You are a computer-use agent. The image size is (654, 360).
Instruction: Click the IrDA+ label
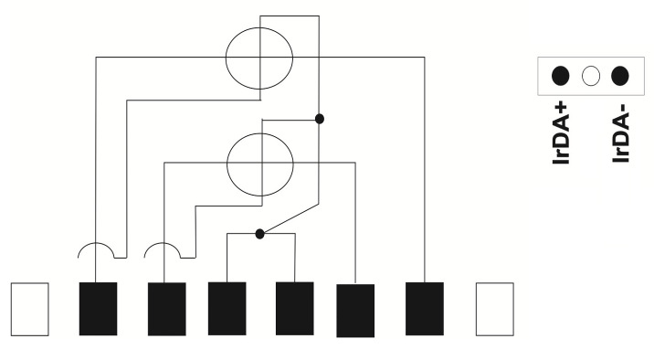[x=561, y=132]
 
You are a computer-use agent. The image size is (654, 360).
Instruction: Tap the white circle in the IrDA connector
[x=591, y=77]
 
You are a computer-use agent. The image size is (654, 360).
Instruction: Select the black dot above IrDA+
[x=560, y=76]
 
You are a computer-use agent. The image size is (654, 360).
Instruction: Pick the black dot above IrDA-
[x=620, y=76]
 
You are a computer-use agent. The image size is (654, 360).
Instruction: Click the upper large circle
[x=226, y=58]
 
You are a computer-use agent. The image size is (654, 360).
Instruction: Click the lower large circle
[x=227, y=164]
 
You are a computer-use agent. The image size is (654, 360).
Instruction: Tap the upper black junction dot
[x=320, y=119]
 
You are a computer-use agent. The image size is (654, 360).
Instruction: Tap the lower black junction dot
[x=259, y=234]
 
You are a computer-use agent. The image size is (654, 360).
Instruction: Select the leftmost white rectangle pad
[x=29, y=309]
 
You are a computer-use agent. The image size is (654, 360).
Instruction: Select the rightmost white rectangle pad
[x=495, y=309]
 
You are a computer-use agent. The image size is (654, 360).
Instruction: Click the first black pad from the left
[x=98, y=309]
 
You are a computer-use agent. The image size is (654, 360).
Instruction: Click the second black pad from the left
[x=167, y=309]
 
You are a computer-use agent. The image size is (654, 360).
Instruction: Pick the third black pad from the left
[x=227, y=309]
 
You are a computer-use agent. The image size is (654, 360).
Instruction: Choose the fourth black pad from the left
[x=294, y=309]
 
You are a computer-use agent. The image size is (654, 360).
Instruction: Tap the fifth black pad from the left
[x=355, y=311]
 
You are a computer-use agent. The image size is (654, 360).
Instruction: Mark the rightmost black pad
[x=425, y=309]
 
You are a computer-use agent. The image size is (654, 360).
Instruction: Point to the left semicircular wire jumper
[x=96, y=243]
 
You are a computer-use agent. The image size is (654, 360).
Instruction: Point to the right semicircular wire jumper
[x=163, y=243]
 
